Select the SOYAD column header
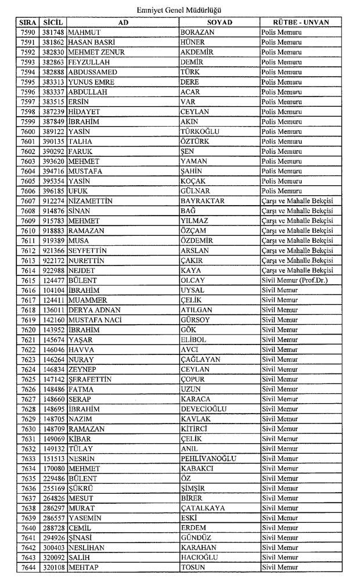tap(219, 22)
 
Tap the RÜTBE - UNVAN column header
tap(298, 22)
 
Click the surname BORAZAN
tap(198, 32)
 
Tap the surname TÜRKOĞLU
tap(200, 131)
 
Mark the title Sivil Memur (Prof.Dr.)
tap(296, 280)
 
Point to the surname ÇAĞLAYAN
tap(200, 360)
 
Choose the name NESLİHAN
tap(86, 548)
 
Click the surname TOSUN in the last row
tap(194, 568)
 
